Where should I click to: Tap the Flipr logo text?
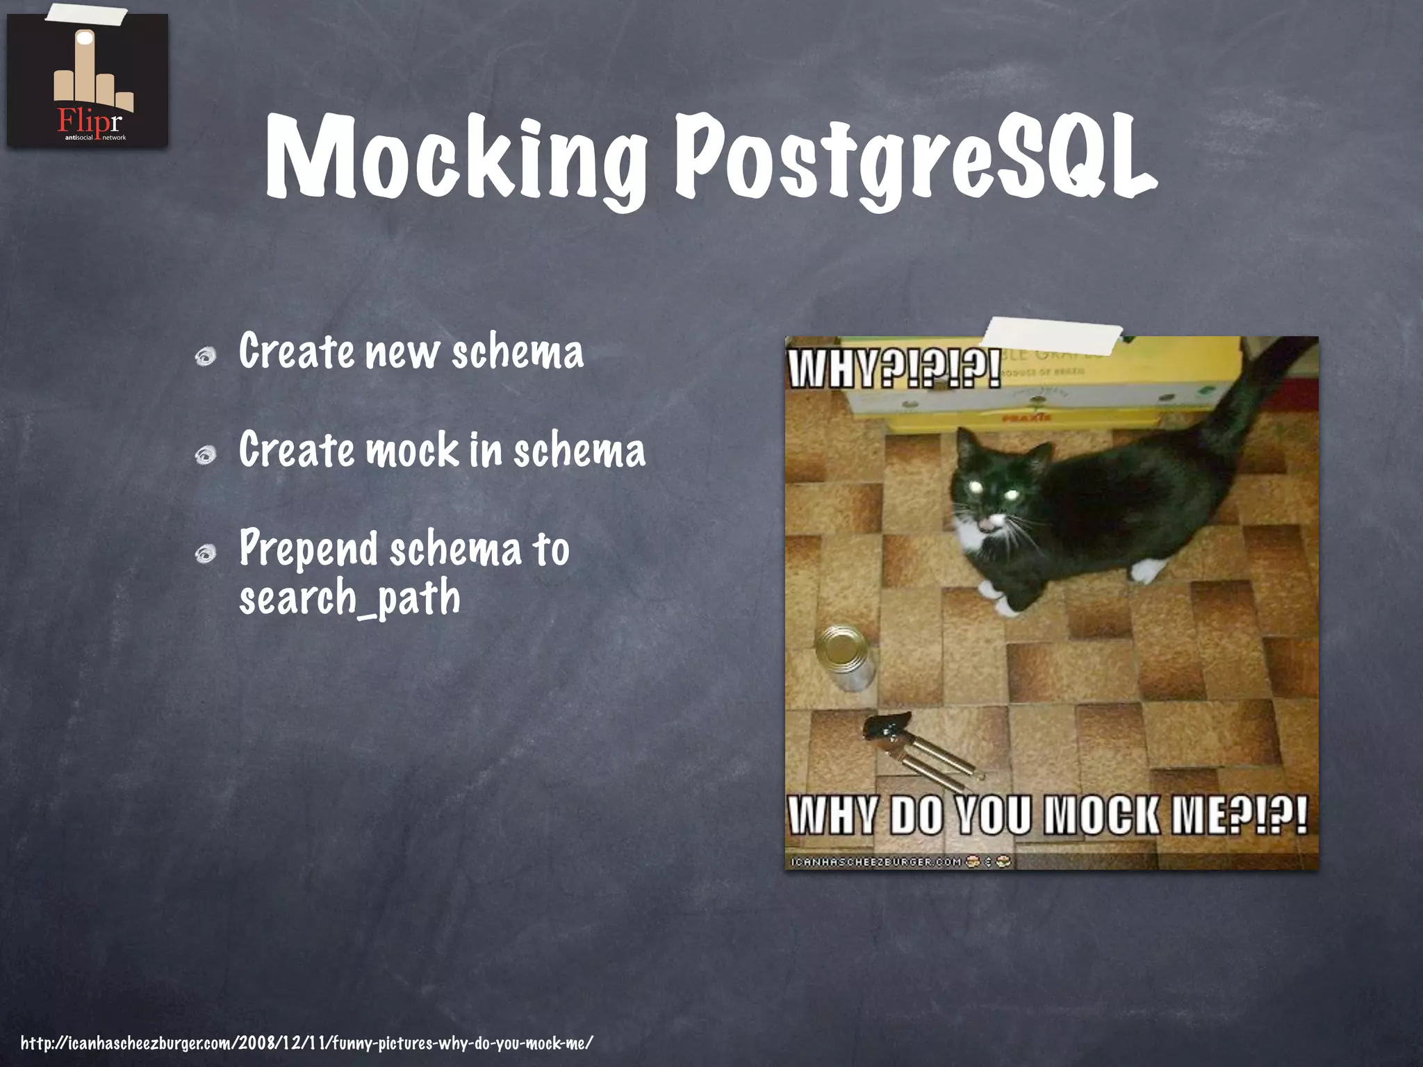pos(88,121)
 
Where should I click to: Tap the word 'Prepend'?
pos(308,549)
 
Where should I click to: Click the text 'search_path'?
pos(349,598)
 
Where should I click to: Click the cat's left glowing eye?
pos(972,488)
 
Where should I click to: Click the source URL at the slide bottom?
pos(306,1043)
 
